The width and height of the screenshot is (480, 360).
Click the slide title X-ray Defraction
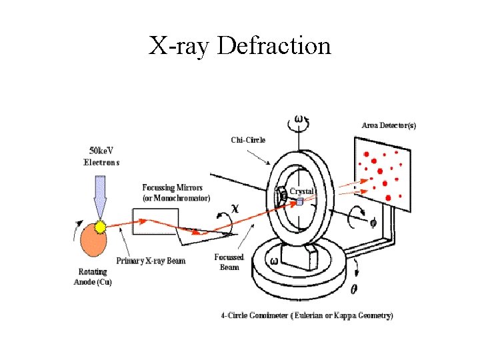tap(240, 46)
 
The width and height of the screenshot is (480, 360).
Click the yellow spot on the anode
tap(101, 227)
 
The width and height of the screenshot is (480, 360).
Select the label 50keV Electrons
tap(101, 157)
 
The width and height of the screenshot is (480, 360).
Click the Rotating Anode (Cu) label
tap(93, 277)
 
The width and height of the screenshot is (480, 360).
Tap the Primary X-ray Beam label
tap(151, 260)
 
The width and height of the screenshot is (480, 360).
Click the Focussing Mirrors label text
tap(176, 193)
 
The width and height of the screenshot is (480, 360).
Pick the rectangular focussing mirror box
tap(155, 221)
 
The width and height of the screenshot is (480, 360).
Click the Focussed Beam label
tap(229, 262)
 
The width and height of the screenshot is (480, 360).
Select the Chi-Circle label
tap(248, 139)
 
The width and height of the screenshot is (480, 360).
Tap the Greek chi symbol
tap(235, 207)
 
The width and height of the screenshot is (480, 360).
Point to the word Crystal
tap(301, 191)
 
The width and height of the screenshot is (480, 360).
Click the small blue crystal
tap(299, 201)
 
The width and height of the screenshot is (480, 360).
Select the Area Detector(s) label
tap(389, 125)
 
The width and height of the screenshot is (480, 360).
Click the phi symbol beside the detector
tap(373, 223)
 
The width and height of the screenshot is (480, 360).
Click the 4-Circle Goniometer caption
tap(307, 315)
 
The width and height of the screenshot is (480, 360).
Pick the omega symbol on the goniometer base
tap(274, 260)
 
